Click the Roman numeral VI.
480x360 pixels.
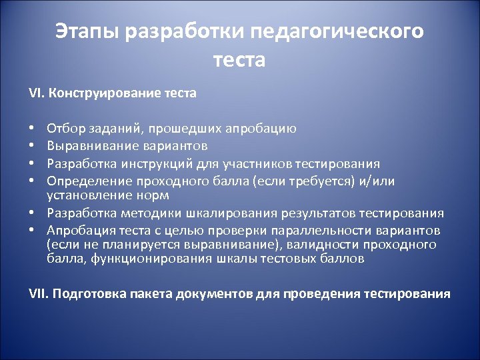[34, 93]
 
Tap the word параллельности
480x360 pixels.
[337, 231]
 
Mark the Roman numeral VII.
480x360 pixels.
[37, 293]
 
